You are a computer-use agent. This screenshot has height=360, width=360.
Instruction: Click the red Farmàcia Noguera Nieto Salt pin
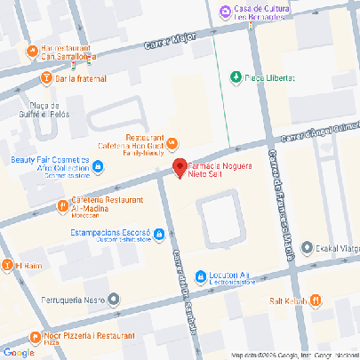point(179,166)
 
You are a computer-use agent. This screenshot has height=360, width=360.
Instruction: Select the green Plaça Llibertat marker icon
point(236,76)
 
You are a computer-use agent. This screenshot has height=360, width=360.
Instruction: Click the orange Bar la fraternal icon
point(45,78)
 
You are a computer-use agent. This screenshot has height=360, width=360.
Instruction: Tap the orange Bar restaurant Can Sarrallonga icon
point(32,50)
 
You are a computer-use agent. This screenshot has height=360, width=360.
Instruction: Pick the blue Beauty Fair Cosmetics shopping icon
point(98,164)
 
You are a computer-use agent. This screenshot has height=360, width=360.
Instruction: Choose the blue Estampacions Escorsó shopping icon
point(158,234)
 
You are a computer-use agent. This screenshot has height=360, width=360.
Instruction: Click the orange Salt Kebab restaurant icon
point(316,300)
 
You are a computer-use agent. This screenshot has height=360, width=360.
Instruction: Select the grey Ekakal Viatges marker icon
point(307,247)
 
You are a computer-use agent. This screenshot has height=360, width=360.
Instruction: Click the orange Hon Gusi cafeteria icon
point(172,142)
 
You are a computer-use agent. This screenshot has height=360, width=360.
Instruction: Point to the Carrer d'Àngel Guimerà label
point(319,134)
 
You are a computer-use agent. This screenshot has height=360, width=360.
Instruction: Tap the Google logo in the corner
point(18,352)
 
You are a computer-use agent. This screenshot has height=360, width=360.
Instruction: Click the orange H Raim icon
point(6,264)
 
